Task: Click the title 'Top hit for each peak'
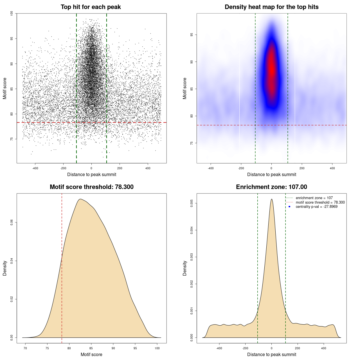[91, 7]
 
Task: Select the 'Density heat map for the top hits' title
[271, 7]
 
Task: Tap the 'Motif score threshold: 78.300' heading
[91, 187]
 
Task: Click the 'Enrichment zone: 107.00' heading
[271, 187]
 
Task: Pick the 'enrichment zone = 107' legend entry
[314, 198]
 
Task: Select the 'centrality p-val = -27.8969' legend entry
[316, 207]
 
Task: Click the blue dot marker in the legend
[289, 207]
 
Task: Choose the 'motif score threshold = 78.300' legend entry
[320, 202]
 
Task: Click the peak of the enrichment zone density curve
[271, 199]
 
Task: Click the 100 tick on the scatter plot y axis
[12, 13]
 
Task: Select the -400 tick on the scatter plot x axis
[35, 168]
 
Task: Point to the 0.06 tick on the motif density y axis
[12, 222]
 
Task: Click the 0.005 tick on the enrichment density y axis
[192, 203]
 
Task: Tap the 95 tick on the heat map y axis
[192, 35]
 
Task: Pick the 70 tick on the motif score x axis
[25, 348]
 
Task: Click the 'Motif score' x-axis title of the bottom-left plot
[91, 354]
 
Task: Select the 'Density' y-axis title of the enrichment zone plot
[185, 268]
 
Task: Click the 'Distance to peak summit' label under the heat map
[271, 174]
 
